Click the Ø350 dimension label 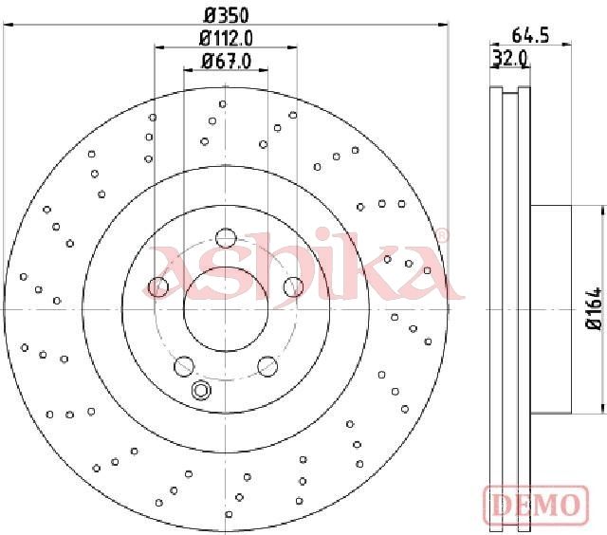[226, 15]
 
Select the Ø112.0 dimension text [226, 38]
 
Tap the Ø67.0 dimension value [227, 61]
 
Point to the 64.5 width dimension [530, 36]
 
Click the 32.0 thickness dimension [510, 59]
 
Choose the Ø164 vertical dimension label [595, 308]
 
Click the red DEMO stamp [536, 505]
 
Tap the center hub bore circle [226, 309]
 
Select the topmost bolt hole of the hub [226, 238]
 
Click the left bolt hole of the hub [158, 286]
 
